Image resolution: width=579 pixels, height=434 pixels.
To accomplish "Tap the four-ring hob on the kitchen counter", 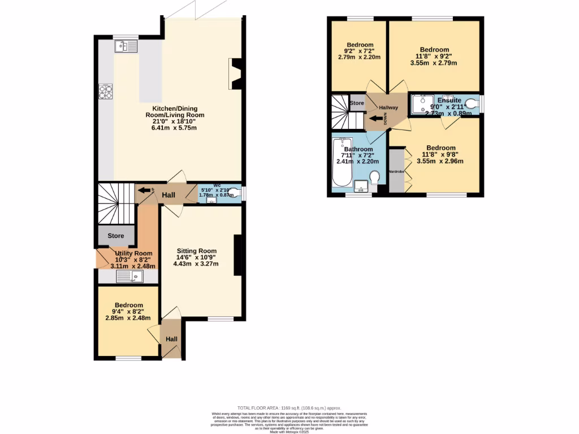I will (106, 91).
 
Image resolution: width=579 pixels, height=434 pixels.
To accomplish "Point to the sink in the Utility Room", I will (129, 276).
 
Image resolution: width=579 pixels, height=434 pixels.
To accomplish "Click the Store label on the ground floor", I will (115, 236).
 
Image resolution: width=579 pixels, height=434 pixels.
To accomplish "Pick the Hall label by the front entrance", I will (171, 339).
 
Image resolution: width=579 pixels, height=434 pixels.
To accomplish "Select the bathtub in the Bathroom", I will (343, 162).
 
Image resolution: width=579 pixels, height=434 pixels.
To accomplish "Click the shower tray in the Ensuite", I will (422, 104).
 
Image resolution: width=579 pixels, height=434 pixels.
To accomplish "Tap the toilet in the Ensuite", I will (471, 103).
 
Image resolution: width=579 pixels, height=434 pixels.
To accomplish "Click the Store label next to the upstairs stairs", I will (357, 103).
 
